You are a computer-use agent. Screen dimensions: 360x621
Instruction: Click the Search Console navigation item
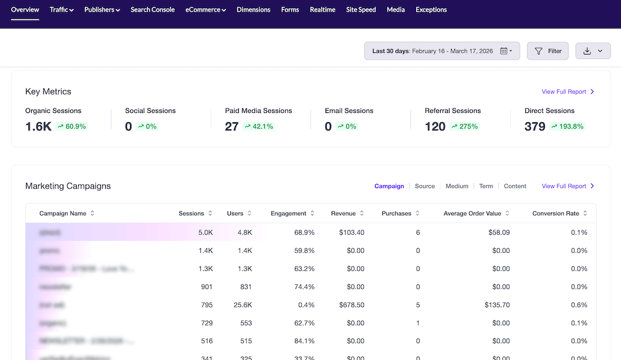(x=152, y=9)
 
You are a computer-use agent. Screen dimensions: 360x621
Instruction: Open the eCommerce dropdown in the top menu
(x=205, y=9)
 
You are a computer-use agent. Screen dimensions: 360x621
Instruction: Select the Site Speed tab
(x=361, y=9)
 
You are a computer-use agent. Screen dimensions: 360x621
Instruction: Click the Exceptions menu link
(x=431, y=9)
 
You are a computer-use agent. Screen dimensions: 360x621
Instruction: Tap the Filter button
(x=548, y=51)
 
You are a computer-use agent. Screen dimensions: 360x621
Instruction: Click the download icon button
(x=593, y=51)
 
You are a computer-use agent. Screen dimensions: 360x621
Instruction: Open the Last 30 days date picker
(x=442, y=51)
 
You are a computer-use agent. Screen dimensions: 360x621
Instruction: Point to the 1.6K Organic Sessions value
(x=38, y=126)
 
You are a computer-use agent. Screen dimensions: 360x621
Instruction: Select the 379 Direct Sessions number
(x=535, y=126)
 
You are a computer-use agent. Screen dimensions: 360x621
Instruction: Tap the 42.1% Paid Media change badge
(x=259, y=126)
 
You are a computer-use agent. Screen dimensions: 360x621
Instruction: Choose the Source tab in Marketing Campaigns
(x=425, y=186)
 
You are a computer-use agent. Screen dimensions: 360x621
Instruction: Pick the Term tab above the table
(x=486, y=186)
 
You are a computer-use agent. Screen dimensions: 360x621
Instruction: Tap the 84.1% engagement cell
(x=304, y=341)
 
